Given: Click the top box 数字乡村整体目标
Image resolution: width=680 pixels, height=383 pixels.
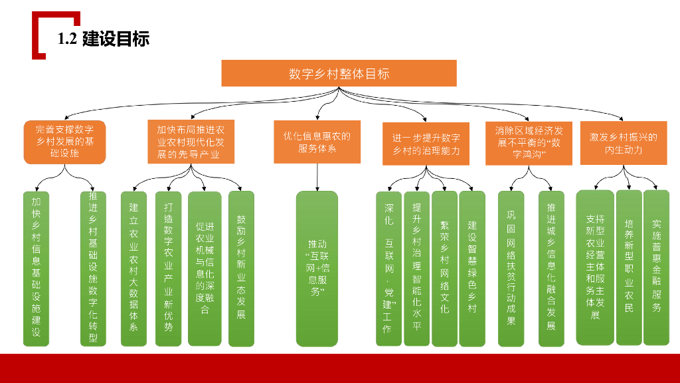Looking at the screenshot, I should click(339, 73).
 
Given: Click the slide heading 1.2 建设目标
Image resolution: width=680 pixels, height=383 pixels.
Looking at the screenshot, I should click(103, 39).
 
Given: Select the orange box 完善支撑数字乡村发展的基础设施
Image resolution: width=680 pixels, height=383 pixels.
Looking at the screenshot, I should click(64, 142).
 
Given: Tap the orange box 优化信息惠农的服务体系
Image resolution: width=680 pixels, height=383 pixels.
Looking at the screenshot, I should click(317, 142).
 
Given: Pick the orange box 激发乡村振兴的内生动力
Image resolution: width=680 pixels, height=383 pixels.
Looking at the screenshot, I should click(623, 142).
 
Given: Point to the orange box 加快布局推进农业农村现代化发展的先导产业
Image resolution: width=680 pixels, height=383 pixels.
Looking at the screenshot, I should click(191, 142).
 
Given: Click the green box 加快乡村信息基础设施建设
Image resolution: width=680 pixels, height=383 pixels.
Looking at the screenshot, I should click(37, 269).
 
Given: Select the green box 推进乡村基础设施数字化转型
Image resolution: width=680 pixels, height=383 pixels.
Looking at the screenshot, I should click(93, 269).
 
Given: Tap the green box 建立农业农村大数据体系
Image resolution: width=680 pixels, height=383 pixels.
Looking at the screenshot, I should click(133, 269).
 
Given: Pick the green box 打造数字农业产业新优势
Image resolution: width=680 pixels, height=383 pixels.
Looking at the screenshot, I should click(168, 269).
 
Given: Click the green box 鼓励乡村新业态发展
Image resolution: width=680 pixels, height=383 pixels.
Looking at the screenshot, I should click(241, 269).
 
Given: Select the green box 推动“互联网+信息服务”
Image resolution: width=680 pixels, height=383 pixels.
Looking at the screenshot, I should click(317, 269).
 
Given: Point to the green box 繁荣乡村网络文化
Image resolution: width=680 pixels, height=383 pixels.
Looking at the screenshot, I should click(444, 269).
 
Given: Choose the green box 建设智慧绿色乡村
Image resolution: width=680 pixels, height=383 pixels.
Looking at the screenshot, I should click(472, 269).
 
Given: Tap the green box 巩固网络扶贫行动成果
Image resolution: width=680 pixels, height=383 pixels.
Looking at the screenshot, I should click(511, 269).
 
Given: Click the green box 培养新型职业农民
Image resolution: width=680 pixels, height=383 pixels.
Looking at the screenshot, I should click(629, 267).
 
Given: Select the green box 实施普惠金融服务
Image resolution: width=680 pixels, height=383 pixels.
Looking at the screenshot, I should click(656, 267).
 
